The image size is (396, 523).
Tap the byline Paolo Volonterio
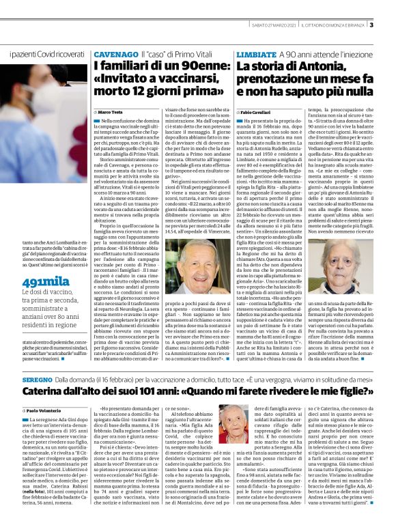coord(46,410)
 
